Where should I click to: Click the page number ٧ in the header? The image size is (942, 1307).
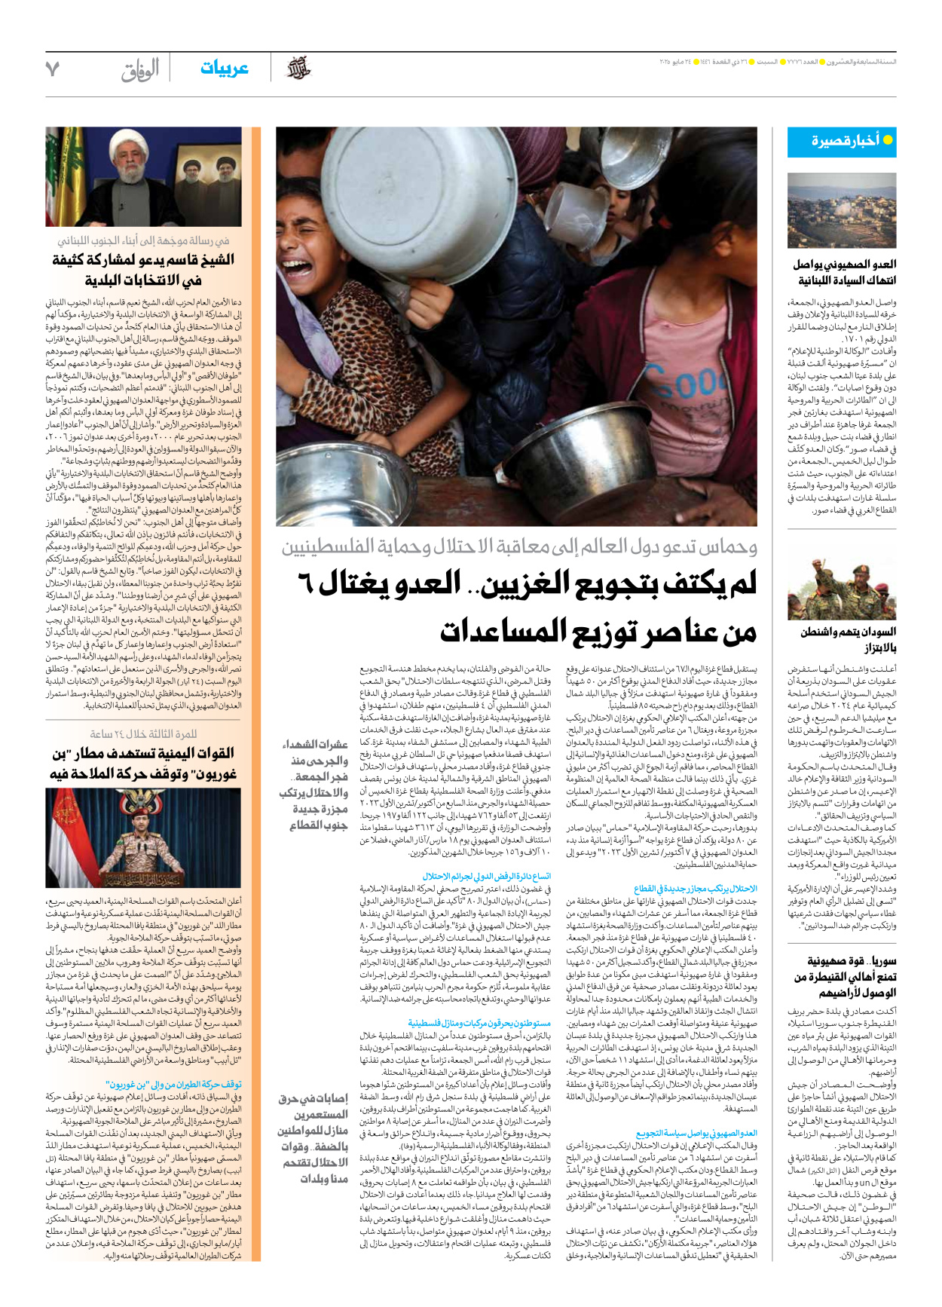(x=52, y=69)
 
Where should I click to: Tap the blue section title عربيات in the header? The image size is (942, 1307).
(x=224, y=69)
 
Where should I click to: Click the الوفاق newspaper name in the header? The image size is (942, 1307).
(x=140, y=70)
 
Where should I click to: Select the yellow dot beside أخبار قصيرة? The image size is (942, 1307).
(x=888, y=140)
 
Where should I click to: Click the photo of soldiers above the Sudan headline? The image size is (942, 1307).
(x=842, y=588)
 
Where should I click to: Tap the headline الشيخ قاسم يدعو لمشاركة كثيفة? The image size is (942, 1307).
(x=143, y=270)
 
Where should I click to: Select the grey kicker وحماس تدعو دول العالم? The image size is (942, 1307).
(x=519, y=546)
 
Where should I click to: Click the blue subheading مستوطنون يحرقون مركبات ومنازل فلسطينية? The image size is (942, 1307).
(x=479, y=1023)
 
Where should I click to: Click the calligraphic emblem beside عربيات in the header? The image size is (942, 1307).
(x=298, y=69)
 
